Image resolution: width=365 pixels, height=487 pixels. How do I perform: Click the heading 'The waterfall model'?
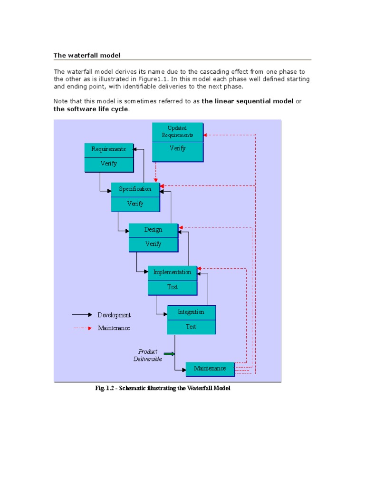[87, 55]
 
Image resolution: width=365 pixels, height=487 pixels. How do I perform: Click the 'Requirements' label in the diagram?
[108, 149]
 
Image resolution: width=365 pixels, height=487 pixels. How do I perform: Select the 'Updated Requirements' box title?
[177, 131]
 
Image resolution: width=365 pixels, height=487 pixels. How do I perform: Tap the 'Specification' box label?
[135, 189]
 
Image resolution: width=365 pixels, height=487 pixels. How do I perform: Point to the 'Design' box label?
[153, 229]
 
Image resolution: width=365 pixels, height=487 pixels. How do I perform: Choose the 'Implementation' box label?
[172, 272]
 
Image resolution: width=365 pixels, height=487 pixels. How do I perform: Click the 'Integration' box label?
[191, 312]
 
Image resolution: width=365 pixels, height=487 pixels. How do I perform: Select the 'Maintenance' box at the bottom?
[210, 369]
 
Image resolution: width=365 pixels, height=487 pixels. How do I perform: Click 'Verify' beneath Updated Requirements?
[177, 148]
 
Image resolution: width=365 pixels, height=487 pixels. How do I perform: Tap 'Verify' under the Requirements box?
[108, 164]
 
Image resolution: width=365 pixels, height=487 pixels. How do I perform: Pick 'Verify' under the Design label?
[153, 244]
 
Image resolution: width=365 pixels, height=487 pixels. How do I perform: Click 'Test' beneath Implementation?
[172, 287]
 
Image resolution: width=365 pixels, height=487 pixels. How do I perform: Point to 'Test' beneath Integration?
[191, 327]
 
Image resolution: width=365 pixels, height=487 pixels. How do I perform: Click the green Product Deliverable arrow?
[169, 354]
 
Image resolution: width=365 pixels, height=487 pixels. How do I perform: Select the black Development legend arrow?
[82, 315]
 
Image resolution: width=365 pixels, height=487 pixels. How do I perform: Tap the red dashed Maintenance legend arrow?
[82, 328]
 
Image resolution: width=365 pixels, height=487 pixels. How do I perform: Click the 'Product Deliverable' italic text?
[148, 355]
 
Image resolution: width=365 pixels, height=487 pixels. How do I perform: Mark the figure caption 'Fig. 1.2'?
[163, 389]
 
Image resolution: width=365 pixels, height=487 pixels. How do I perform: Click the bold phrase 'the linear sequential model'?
[248, 101]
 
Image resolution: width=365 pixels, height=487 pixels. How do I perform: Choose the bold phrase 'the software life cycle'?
[91, 109]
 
